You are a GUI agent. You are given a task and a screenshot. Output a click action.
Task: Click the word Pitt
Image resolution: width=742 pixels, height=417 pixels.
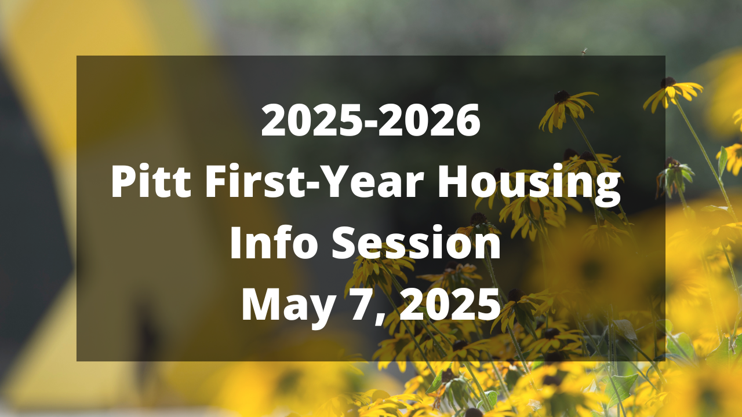pos(151,181)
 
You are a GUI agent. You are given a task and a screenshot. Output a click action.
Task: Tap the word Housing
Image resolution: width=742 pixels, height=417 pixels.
pos(529,185)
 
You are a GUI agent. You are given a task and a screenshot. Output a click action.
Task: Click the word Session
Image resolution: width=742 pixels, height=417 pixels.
pos(416,242)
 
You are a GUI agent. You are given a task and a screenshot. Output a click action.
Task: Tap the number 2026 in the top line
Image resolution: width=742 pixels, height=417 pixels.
pos(429,120)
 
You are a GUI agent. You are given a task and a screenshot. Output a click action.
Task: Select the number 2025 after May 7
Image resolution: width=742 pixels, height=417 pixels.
pos(449,304)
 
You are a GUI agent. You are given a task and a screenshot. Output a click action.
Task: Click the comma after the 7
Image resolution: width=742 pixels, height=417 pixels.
pos(381,319)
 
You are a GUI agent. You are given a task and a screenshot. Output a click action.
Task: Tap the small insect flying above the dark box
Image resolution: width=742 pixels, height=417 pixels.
pos(584,52)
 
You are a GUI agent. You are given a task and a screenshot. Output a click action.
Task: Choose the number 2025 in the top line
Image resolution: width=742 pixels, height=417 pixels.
pos(312,120)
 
